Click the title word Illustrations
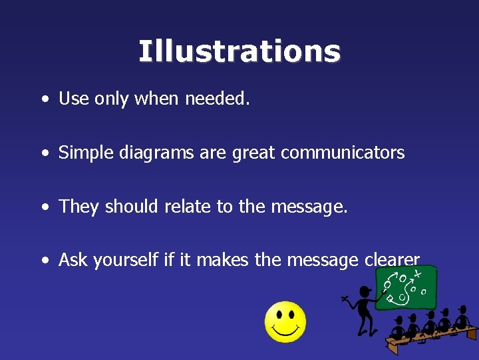tap(239, 51)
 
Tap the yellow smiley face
tap(285, 322)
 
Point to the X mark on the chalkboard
tap(417, 273)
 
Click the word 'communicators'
tap(343, 153)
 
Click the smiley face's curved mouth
tap(285, 330)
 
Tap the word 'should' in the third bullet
tap(130, 207)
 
